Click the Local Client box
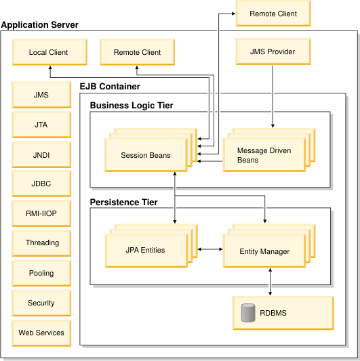coord(49,52)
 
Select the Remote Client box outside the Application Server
coord(273,14)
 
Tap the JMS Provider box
coord(273,51)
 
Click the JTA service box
coord(41,125)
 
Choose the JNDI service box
coord(41,154)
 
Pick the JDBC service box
coord(41,184)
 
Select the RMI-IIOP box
coord(41,213)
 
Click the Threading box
coord(41,243)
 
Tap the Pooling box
coord(41,273)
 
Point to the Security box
coord(41,303)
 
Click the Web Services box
coord(41,333)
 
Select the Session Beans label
coord(146,155)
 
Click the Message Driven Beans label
coord(264,155)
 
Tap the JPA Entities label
coord(146,250)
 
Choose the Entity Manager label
coord(264,251)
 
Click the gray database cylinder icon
coord(248,313)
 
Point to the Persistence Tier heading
coord(124,202)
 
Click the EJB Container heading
coord(110,86)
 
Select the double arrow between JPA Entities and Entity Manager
coord(210,249)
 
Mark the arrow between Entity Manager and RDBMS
coord(270,282)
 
